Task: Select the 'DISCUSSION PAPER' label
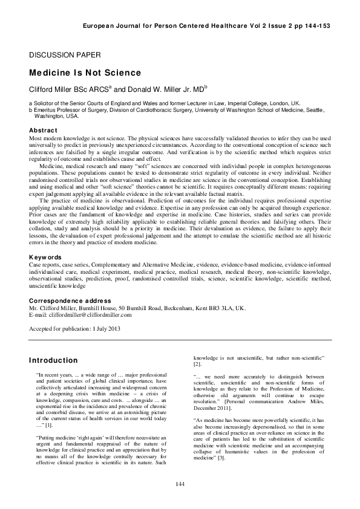tap(57, 56)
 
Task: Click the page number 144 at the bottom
tap(180, 484)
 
